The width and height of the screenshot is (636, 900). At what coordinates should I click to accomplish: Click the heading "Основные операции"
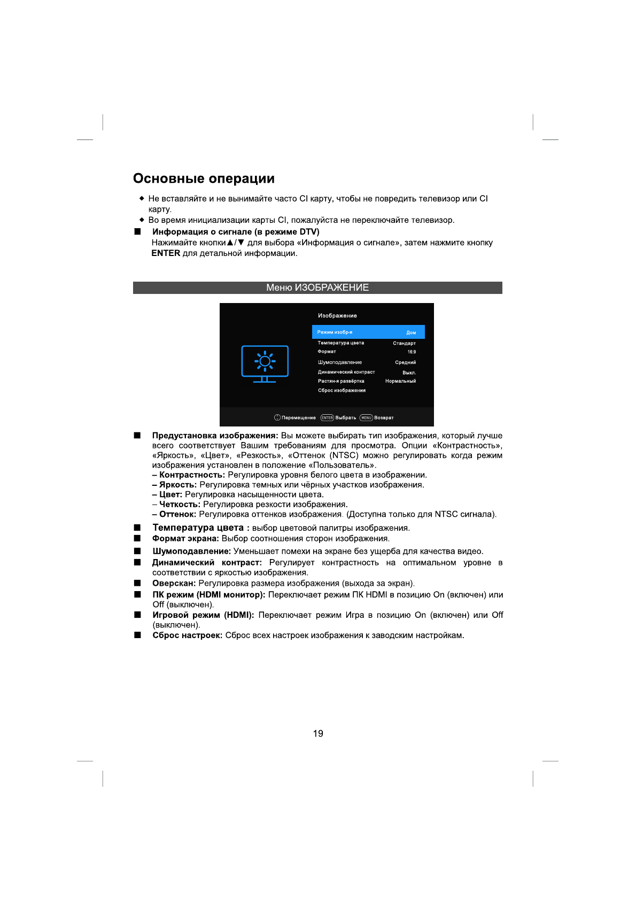[204, 179]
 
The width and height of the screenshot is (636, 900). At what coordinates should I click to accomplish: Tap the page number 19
[318, 733]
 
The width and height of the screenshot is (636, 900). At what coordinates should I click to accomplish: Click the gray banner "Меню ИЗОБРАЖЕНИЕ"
[317, 288]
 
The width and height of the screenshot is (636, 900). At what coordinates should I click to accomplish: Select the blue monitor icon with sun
[265, 364]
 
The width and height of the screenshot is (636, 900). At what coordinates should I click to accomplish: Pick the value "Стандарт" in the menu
[404, 343]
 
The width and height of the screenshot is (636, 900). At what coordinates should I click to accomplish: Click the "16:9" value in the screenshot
[412, 352]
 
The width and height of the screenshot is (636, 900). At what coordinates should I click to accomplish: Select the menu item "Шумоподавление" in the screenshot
[340, 362]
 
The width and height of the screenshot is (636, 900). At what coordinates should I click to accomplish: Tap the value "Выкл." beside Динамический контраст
[409, 373]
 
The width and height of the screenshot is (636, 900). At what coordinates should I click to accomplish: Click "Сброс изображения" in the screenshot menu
[342, 391]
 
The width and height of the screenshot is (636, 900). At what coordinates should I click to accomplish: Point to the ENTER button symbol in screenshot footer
[327, 418]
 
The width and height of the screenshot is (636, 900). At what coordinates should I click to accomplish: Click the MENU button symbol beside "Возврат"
[366, 418]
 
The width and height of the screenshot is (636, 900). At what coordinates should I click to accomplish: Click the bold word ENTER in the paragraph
[166, 253]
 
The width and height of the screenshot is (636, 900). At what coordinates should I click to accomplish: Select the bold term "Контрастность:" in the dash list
[192, 475]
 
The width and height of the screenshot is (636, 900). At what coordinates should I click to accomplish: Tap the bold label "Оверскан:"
[174, 583]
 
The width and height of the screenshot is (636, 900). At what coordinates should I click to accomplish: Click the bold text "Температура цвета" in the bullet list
[198, 527]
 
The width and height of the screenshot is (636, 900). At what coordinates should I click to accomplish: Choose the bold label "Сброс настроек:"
[187, 635]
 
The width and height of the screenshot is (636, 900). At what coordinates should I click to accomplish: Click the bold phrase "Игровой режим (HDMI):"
[203, 615]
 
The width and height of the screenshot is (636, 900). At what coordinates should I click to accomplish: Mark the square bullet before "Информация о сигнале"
[137, 231]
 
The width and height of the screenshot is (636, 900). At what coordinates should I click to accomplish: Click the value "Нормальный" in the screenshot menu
[400, 381]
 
